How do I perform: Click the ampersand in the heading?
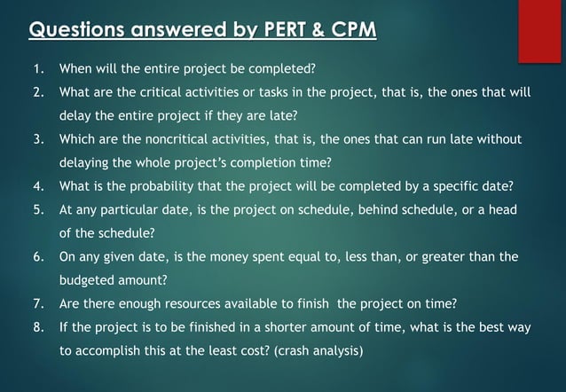click(315, 31)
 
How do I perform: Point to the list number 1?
click(37, 68)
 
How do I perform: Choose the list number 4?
click(38, 186)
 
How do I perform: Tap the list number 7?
click(38, 303)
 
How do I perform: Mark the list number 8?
click(38, 327)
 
